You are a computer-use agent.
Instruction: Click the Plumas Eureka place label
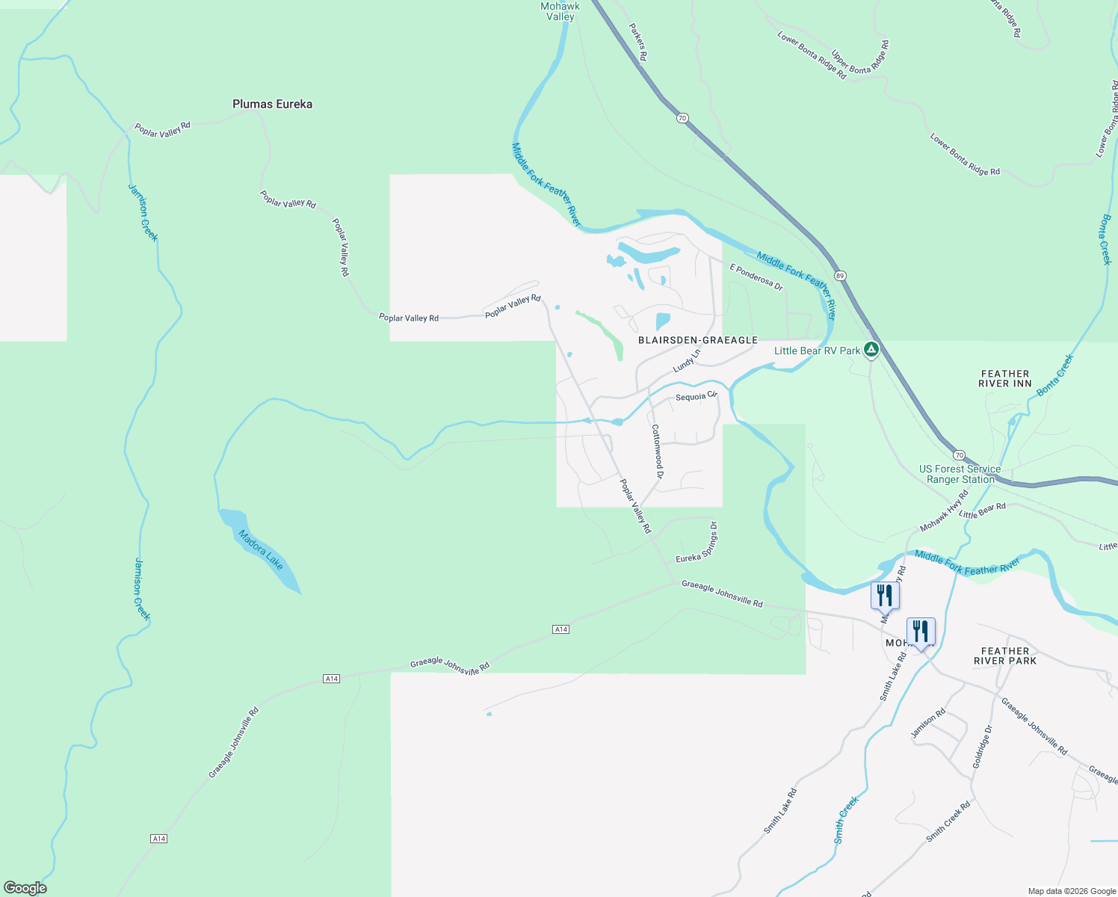click(272, 104)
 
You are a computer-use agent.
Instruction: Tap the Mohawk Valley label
click(560, 11)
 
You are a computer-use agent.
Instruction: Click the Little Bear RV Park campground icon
click(871, 350)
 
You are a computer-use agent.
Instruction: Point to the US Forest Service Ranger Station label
click(960, 474)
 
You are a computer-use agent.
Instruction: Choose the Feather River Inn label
click(1005, 378)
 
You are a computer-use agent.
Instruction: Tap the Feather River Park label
click(1005, 656)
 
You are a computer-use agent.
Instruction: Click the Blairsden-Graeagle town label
click(698, 340)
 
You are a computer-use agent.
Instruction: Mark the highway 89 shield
click(840, 275)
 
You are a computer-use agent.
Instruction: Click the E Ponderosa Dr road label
click(756, 277)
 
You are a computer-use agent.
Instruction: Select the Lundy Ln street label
click(687, 360)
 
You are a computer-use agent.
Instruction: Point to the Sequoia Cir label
click(696, 396)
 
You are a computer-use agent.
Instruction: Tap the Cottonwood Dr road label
click(657, 451)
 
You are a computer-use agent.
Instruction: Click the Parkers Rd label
click(637, 41)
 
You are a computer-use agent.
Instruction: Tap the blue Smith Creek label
click(847, 820)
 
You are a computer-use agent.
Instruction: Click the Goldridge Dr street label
click(982, 747)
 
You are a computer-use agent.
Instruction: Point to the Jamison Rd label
click(927, 723)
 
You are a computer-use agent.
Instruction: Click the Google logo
click(25, 888)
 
